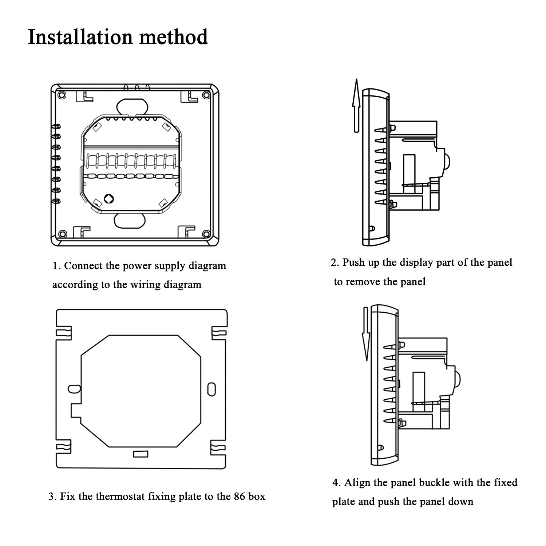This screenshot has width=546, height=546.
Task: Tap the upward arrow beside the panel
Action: point(356,105)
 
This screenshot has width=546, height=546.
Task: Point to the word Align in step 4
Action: point(359,483)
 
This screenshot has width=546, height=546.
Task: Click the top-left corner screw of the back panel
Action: point(62,95)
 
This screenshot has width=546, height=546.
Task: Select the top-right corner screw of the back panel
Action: point(206,95)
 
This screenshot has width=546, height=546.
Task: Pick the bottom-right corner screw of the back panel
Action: point(206,233)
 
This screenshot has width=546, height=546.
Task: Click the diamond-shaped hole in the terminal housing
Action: point(108,198)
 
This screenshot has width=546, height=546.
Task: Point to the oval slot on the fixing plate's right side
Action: point(211,388)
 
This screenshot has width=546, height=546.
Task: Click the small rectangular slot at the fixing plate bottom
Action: point(141,454)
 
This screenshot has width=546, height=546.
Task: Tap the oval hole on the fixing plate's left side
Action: point(74,388)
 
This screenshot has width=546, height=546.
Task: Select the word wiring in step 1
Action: point(146,284)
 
